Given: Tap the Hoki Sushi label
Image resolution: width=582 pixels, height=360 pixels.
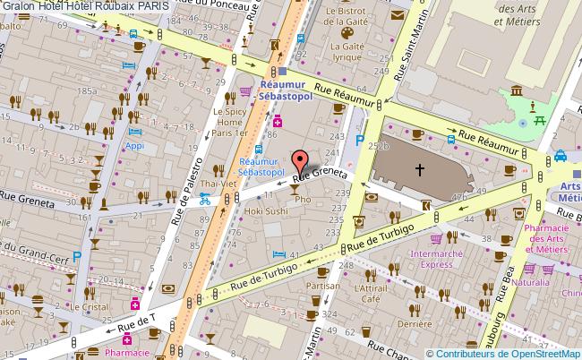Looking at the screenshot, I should [266, 211].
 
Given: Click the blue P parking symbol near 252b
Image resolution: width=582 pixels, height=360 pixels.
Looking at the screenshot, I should [361, 140].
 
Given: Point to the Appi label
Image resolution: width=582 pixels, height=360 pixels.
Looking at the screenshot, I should [134, 145].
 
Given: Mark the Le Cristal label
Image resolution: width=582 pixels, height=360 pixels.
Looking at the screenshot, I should [89, 306].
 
